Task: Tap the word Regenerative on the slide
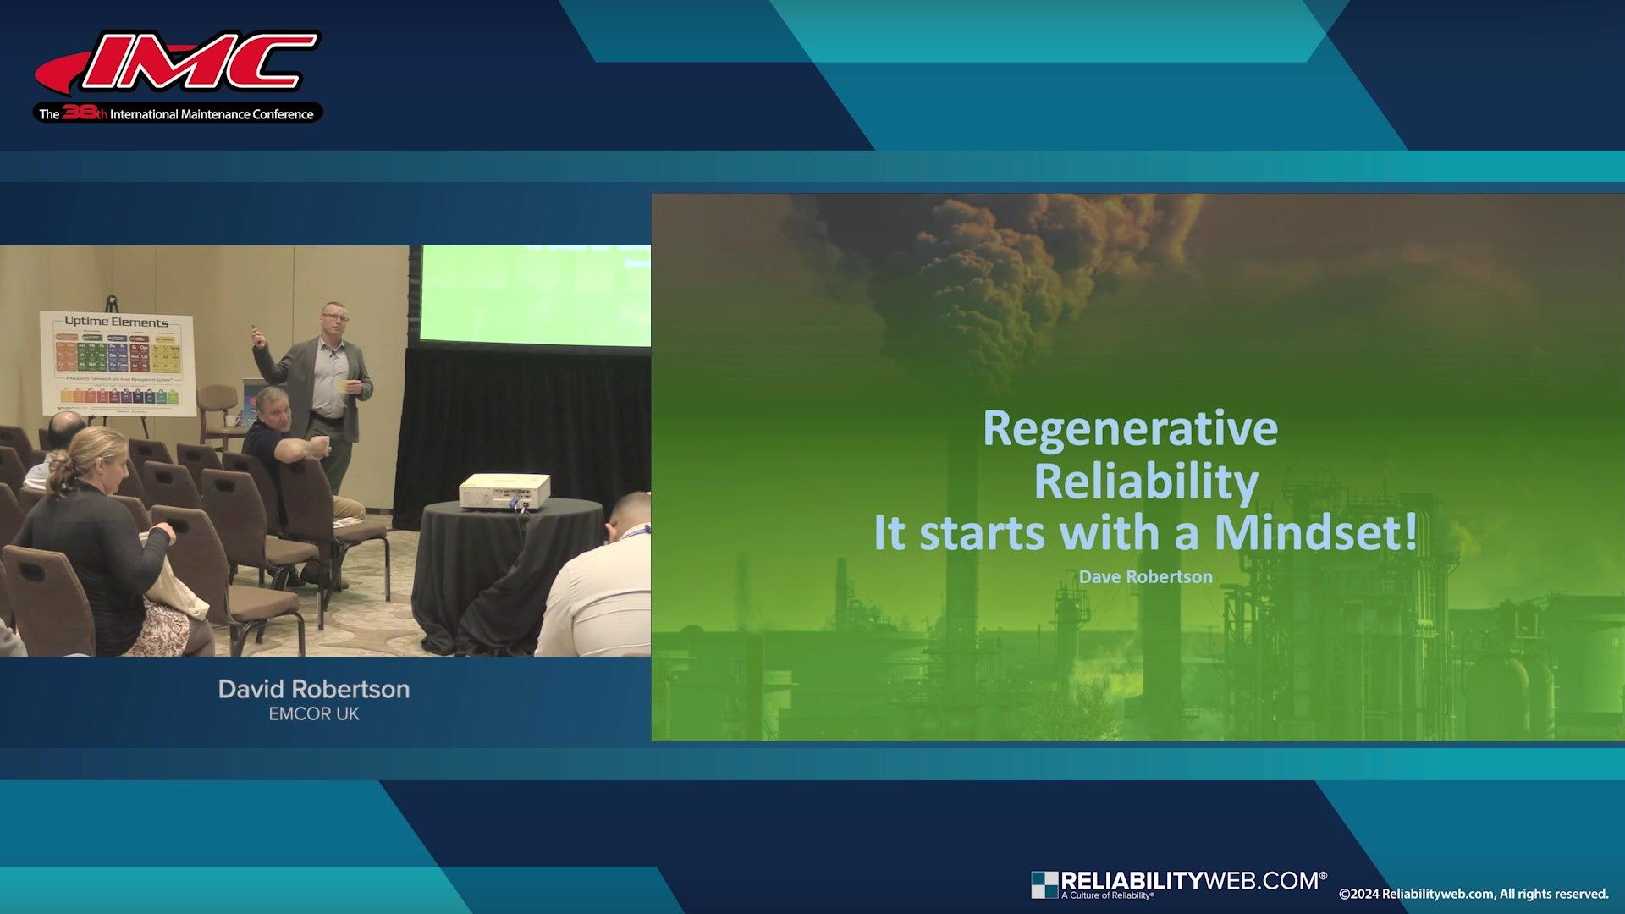(x=1130, y=428)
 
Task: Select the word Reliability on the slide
(x=1146, y=481)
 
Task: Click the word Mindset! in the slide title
(x=1315, y=533)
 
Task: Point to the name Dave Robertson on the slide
(x=1145, y=577)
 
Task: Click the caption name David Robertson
(x=313, y=689)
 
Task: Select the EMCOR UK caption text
(x=313, y=714)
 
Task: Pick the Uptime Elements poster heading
(x=116, y=322)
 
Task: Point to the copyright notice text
(x=1473, y=894)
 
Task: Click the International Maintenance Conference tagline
(x=211, y=114)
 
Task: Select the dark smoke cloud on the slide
(x=990, y=271)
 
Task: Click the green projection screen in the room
(x=536, y=296)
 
